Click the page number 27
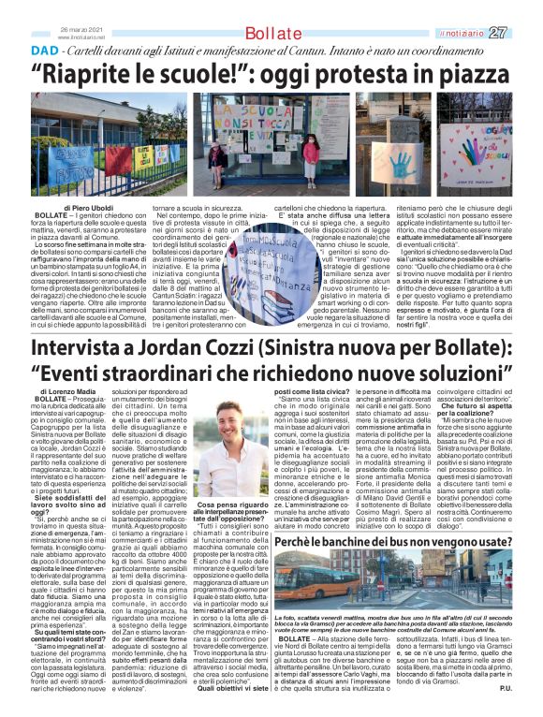point(523,33)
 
